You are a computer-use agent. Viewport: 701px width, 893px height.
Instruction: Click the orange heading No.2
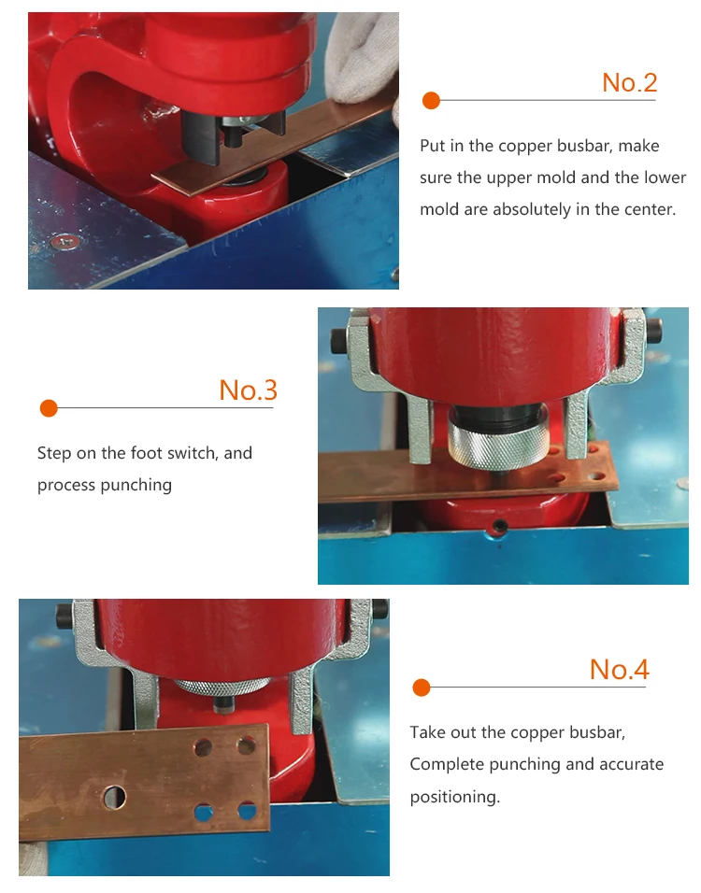[630, 82]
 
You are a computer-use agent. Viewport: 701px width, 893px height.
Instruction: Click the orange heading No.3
[248, 390]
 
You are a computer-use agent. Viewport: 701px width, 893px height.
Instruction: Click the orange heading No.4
[620, 669]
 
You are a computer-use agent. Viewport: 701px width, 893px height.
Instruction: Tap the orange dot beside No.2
[432, 100]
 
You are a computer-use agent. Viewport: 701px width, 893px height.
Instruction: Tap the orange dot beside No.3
[49, 408]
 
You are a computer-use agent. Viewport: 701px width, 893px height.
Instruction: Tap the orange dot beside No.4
[422, 687]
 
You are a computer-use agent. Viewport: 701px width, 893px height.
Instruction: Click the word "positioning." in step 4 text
[455, 797]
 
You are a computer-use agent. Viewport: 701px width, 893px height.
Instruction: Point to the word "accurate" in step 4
[632, 764]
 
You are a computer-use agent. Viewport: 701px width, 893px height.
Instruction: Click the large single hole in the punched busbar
[113, 797]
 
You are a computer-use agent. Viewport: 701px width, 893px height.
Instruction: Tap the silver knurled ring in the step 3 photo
[497, 443]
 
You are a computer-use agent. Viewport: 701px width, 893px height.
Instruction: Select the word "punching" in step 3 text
[136, 485]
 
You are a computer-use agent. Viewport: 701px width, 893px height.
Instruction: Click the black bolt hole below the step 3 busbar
[500, 525]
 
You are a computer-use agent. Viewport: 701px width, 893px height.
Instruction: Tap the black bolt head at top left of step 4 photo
[64, 617]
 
